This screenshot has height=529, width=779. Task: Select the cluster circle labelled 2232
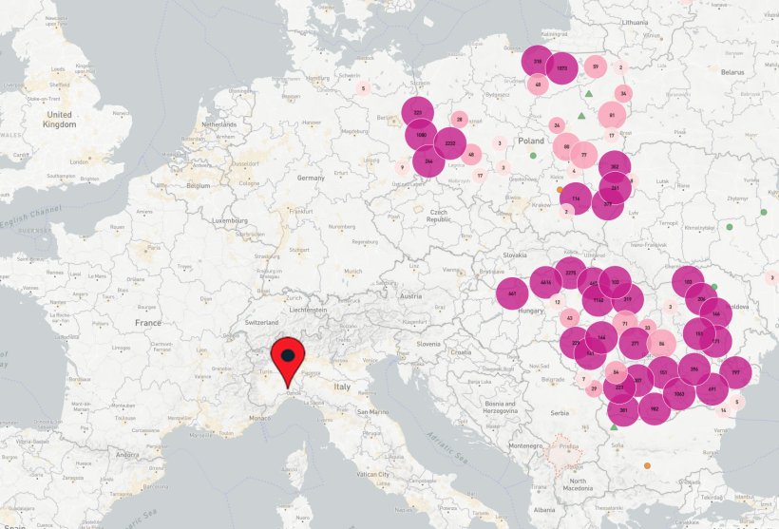point(450,143)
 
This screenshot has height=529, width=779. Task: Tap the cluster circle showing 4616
point(545,282)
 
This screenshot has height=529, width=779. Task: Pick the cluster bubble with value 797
point(735,372)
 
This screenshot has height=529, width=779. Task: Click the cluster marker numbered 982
point(654,409)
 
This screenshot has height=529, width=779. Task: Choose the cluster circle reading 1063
point(678,393)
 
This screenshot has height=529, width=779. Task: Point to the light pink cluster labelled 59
point(596,66)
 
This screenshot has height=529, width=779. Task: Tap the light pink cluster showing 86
point(661,344)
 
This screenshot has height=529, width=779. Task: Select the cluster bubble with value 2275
point(570,273)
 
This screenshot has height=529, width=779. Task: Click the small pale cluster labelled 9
point(402,167)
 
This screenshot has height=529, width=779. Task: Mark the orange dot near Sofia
point(647,465)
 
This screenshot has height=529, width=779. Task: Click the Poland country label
point(531,141)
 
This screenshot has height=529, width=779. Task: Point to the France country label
point(147,323)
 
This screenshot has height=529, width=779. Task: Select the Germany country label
point(311,178)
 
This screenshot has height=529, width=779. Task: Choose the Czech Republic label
point(438,215)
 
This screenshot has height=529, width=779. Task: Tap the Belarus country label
point(731,71)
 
